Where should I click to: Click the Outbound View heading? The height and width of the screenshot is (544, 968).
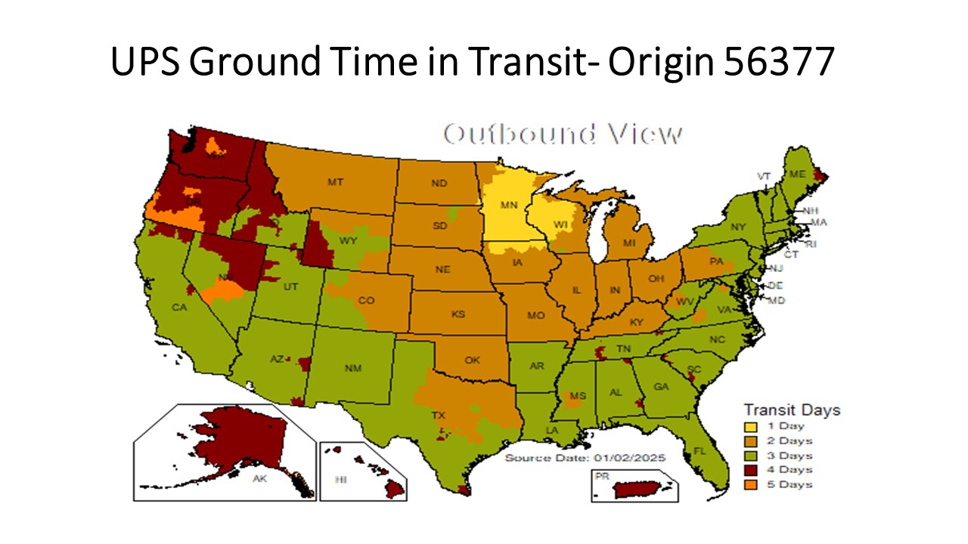563,134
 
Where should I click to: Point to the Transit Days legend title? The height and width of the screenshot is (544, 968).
791,410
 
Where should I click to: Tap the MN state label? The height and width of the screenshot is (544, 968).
508,205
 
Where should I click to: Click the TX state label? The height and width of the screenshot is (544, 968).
438,416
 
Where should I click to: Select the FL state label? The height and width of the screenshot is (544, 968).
700,451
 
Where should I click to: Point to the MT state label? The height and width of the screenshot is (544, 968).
335,182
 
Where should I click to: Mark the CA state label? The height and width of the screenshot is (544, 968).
179,308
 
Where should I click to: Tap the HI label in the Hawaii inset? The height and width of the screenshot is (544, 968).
341,480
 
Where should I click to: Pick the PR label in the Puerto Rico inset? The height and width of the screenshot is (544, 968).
603,477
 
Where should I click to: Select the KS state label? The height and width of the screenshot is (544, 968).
458,314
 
